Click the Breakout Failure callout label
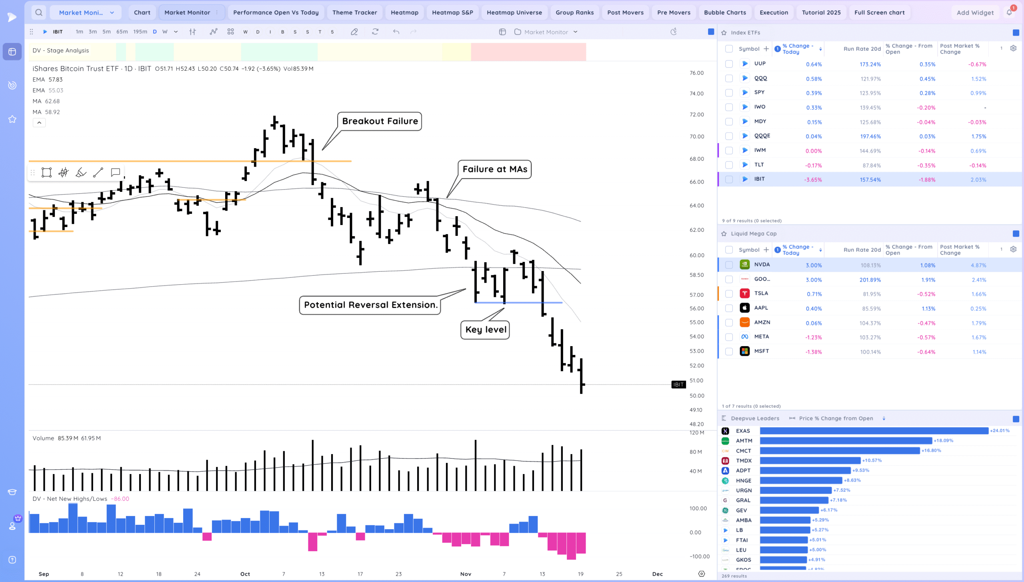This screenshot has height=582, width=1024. [x=380, y=121]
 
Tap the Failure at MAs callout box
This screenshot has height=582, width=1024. [x=494, y=169]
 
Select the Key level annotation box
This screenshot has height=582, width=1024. [x=485, y=330]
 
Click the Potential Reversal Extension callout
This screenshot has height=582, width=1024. [x=370, y=305]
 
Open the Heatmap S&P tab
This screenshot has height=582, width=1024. [x=452, y=12]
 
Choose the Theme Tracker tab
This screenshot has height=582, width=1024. [x=354, y=12]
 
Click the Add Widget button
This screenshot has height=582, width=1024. [x=975, y=12]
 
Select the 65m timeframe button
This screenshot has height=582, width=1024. [x=122, y=32]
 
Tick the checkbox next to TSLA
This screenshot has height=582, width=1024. [x=729, y=294]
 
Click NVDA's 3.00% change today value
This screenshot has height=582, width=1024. [x=814, y=265]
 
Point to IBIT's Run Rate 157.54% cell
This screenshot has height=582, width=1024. [x=870, y=180]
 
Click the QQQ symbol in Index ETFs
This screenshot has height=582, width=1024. [x=760, y=78]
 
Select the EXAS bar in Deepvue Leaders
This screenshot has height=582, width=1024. [x=874, y=431]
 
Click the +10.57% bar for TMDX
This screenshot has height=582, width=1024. [x=810, y=460]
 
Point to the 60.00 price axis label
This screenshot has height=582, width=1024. [x=696, y=255]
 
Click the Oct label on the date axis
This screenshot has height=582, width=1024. [x=245, y=574]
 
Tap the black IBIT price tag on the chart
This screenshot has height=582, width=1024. [x=678, y=385]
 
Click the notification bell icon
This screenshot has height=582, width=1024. [x=1009, y=12]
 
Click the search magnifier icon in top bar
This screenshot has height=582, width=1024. [x=39, y=12]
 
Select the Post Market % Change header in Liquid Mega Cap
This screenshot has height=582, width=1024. [x=959, y=250]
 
